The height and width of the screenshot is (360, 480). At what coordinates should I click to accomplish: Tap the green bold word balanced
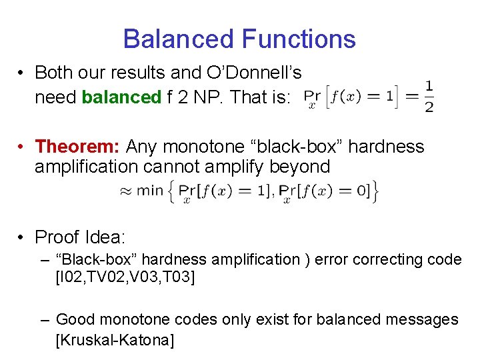coord(121,97)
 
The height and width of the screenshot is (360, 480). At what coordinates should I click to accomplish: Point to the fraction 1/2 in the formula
coord(429,97)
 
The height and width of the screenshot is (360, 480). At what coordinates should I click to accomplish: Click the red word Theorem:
coord(77,146)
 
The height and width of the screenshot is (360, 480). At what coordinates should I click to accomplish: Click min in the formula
coord(150,191)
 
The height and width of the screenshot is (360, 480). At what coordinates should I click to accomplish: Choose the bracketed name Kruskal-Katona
coord(115,341)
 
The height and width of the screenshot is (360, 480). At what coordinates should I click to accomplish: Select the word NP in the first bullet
coord(214,97)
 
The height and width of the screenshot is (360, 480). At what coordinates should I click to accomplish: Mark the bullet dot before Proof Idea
coord(22,237)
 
